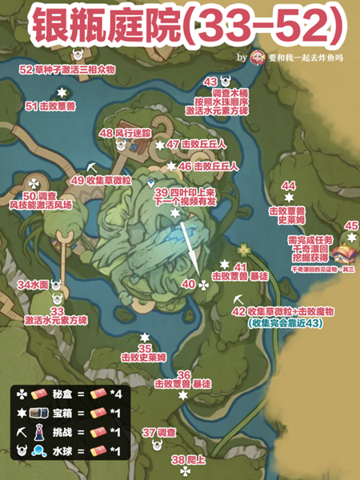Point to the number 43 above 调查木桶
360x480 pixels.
tap(211, 82)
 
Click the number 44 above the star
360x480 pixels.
tap(289, 185)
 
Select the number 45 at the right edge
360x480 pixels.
tap(351, 226)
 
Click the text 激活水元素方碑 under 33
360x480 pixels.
tap(56, 320)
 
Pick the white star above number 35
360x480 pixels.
tap(145, 337)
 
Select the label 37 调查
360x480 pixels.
tap(158, 432)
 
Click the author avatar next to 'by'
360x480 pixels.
tap(258, 58)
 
